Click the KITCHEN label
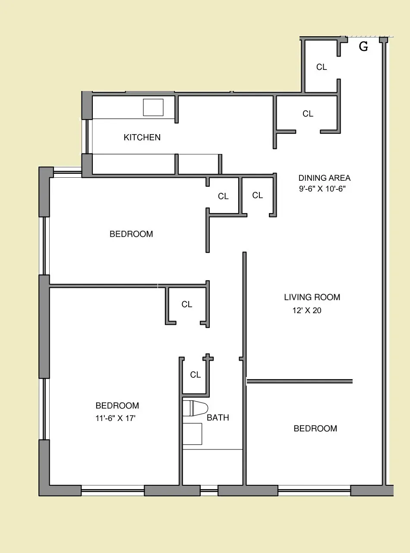click(142, 138)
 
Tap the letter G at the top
click(363, 47)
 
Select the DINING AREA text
click(324, 178)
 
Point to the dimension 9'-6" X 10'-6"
click(322, 189)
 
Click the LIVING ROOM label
click(312, 297)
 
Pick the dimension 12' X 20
click(307, 310)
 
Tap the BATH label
click(218, 418)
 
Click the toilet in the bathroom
click(195, 408)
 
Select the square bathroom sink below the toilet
click(192, 434)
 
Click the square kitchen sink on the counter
click(153, 107)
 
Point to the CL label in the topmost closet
click(322, 67)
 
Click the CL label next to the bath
click(196, 375)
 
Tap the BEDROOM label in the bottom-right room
click(315, 428)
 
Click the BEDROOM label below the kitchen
click(131, 234)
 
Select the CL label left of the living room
click(187, 305)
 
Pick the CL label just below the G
click(308, 114)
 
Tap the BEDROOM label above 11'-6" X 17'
click(117, 406)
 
